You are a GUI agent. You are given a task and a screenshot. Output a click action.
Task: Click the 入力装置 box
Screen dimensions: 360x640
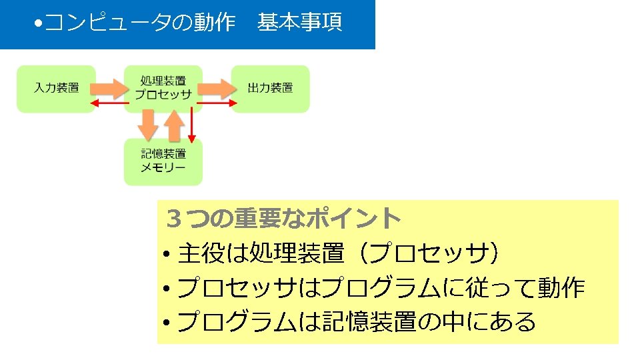coord(56,88)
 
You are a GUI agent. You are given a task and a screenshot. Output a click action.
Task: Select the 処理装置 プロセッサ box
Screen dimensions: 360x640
coord(163,88)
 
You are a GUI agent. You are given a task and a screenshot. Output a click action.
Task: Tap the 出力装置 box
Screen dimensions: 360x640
coord(270,88)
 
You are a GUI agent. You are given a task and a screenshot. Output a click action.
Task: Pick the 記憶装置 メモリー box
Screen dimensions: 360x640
coord(163,161)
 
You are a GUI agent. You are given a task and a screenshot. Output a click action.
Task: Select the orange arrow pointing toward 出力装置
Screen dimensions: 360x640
coord(215,87)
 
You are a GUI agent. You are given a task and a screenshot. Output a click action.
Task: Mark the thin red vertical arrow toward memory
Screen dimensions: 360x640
coord(192,123)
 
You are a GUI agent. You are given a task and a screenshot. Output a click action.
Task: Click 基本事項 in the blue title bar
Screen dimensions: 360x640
coord(299,23)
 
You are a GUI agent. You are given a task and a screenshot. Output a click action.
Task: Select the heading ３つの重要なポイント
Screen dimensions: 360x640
coord(285,217)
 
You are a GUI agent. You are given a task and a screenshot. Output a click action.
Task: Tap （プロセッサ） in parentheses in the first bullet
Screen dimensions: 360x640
coord(427,253)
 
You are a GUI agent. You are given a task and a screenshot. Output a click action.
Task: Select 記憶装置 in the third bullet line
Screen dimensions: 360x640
coord(374,322)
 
